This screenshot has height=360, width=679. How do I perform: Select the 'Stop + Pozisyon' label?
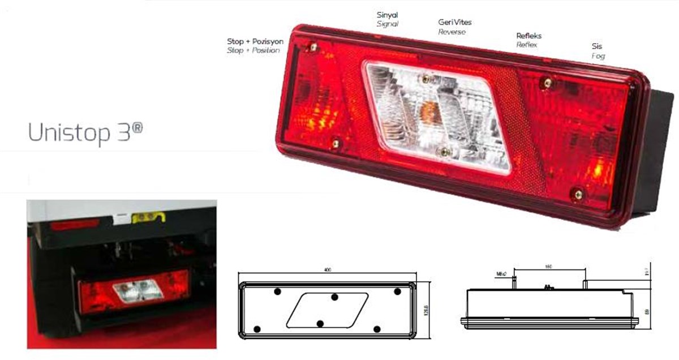pos(255,42)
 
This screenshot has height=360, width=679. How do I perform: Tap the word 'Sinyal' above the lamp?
pos(388,15)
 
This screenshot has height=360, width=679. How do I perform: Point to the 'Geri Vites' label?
pos(454,23)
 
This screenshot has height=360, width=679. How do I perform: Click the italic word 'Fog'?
pos(598,57)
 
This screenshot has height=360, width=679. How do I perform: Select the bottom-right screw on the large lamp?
pos(578,195)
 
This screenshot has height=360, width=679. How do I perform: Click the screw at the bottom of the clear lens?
pos(445,151)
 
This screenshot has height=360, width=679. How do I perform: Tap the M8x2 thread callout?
pos(501,275)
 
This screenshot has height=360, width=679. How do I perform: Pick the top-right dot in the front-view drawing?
pos(397,292)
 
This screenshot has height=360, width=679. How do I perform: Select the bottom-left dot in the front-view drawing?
pos(258,329)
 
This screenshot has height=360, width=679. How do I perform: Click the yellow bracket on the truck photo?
pos(148,217)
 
